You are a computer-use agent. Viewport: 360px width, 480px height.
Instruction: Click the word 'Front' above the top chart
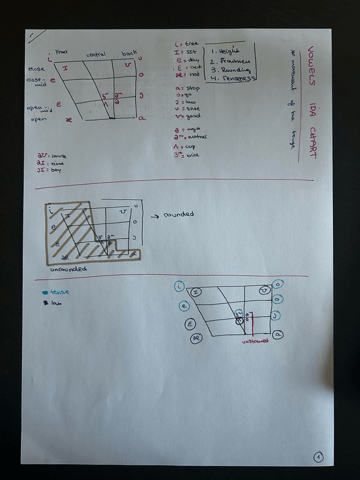[x=62, y=52]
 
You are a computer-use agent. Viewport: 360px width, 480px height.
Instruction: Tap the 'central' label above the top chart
[x=96, y=55]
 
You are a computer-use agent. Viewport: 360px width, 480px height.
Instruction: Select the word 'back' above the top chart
[x=128, y=54]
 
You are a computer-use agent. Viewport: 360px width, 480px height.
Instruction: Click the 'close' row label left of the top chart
[x=36, y=70]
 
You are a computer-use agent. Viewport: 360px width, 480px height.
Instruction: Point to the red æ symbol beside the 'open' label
[x=69, y=119]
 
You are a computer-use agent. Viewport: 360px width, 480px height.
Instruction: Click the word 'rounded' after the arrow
[x=178, y=214]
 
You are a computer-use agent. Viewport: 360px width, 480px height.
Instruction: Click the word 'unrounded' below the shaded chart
[x=68, y=269]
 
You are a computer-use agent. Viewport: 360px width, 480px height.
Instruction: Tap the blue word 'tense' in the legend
[x=59, y=292]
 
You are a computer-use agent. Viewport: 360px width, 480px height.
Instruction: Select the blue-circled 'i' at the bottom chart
[x=180, y=286]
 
